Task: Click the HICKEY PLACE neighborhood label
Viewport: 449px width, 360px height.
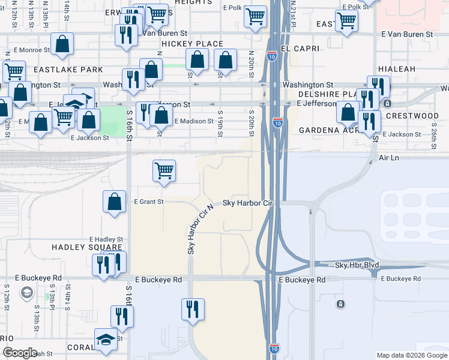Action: coord(192,44)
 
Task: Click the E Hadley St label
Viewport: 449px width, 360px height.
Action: coord(106,239)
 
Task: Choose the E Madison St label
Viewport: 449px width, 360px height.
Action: coord(193,121)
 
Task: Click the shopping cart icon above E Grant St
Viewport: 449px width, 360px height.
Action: coord(164,170)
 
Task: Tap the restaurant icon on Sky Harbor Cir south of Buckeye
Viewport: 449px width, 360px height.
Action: coord(193,309)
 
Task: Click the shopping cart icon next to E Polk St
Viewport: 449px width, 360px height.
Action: coord(256,17)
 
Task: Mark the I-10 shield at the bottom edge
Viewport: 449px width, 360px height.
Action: coord(274,348)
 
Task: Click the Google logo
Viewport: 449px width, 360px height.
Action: coord(20,353)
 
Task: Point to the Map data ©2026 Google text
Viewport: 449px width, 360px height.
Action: coord(411,355)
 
